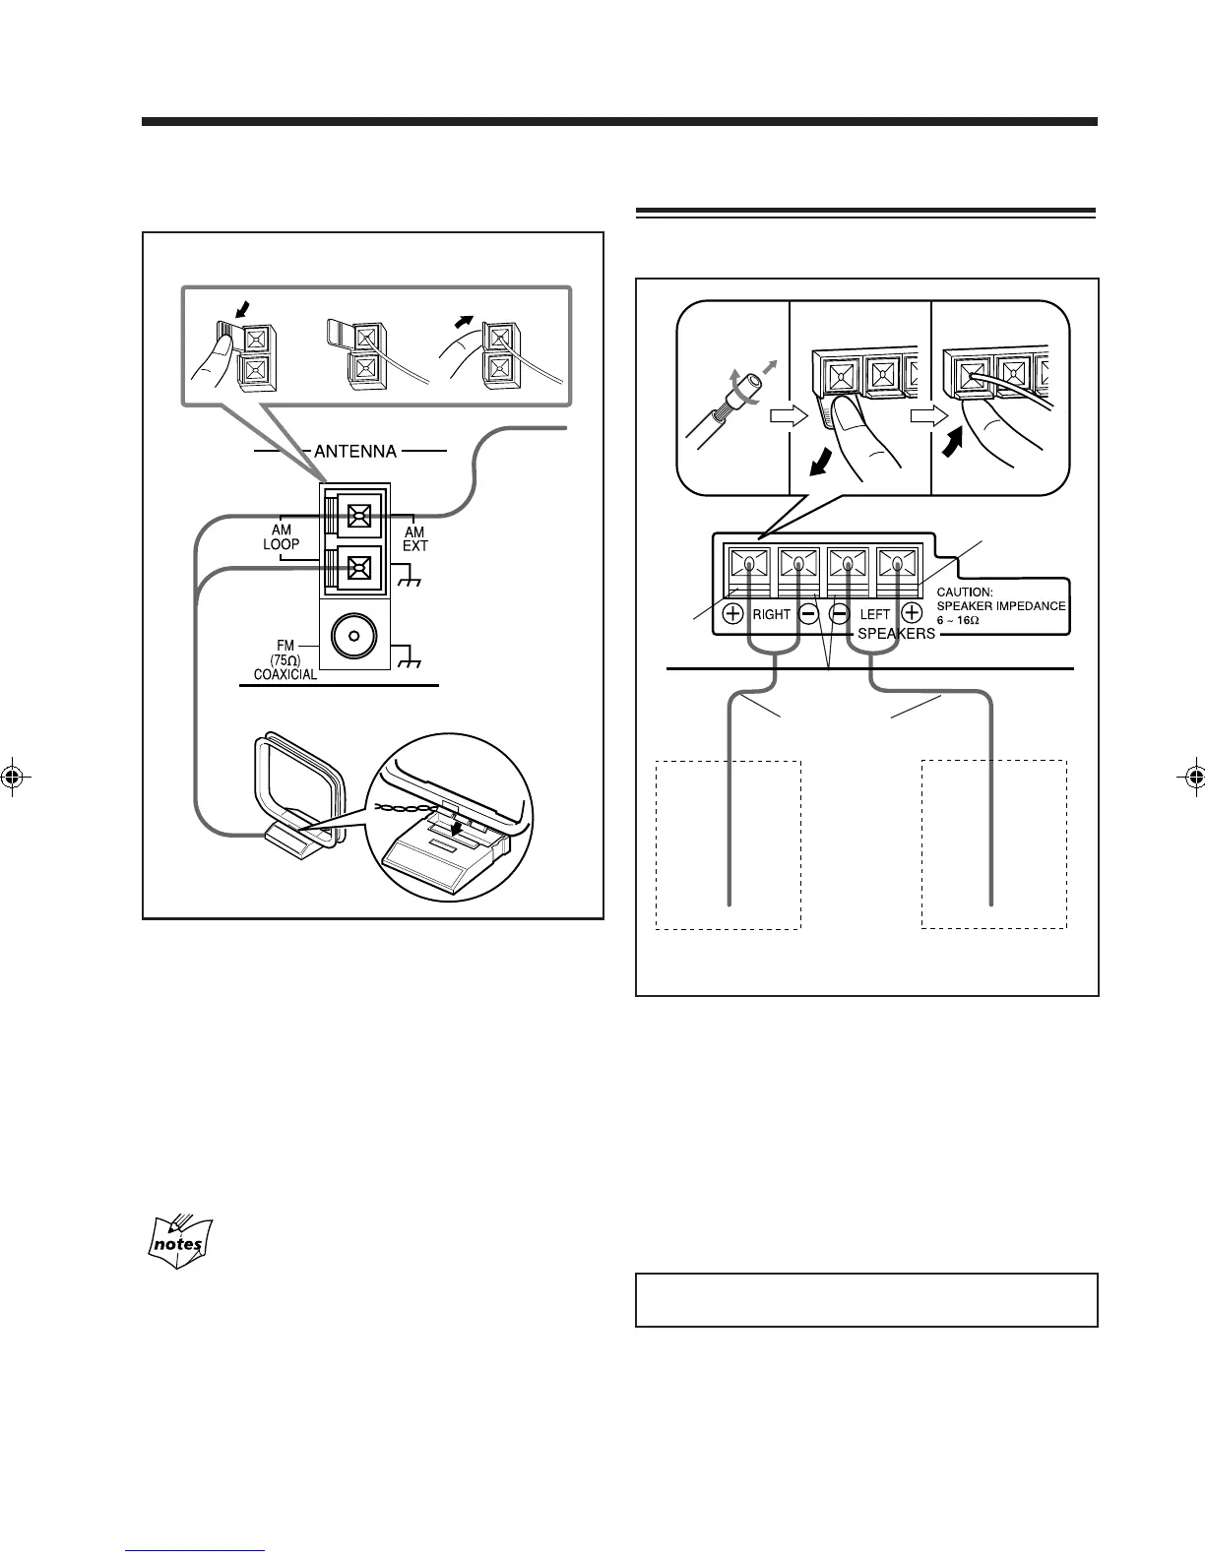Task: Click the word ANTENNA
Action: [356, 452]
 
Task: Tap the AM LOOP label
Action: [281, 536]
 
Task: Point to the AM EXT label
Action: [414, 538]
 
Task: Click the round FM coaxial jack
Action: [353, 638]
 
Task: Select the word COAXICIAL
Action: [285, 675]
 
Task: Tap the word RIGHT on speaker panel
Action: [771, 614]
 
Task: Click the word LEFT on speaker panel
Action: [874, 614]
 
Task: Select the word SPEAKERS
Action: [896, 634]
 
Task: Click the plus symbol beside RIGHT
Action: [733, 613]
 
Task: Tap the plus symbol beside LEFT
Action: [913, 613]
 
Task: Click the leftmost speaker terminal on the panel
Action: [749, 566]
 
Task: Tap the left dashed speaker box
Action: [729, 843]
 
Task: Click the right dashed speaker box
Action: [993, 843]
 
